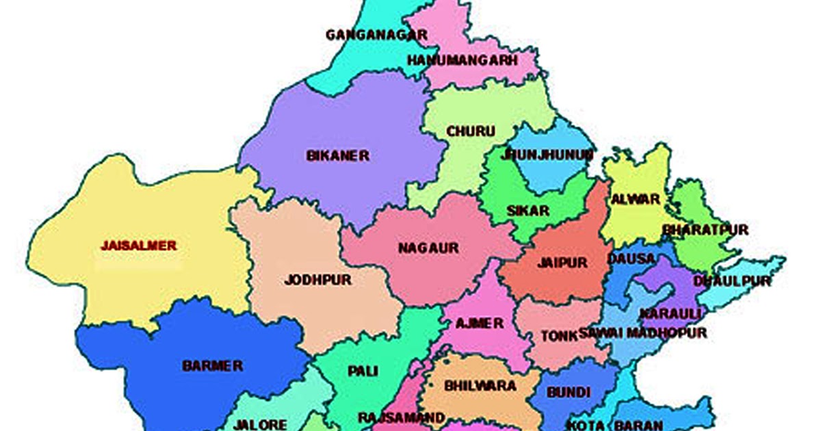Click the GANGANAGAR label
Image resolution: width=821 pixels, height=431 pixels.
click(376, 34)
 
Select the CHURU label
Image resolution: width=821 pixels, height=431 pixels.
click(471, 131)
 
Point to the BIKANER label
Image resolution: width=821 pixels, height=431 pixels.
click(338, 156)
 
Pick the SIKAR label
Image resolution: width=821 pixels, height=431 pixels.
click(527, 211)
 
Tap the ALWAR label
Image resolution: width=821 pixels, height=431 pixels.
click(636, 200)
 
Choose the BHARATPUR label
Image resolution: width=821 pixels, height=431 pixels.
click(705, 230)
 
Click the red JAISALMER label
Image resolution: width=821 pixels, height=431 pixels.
click(139, 245)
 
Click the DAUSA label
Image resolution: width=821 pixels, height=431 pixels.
click(631, 259)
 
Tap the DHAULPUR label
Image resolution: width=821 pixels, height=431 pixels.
click(732, 281)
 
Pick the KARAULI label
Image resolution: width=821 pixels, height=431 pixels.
click(660, 313)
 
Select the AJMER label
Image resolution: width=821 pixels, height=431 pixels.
click(480, 323)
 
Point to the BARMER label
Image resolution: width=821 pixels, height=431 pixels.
click(212, 366)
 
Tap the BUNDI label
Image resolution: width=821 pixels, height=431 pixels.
click(569, 392)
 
